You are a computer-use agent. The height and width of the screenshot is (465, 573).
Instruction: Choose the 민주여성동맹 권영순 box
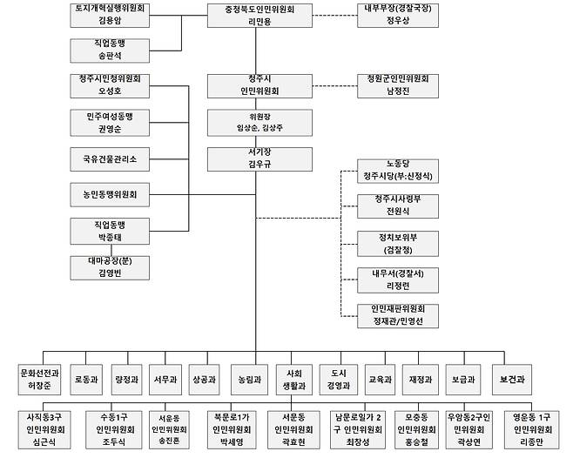pos(110,121)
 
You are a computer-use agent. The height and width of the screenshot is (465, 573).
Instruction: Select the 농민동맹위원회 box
pos(110,194)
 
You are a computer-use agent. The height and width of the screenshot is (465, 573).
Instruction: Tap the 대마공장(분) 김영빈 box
pos(110,266)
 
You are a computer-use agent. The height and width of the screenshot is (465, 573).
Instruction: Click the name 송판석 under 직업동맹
pos(110,56)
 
